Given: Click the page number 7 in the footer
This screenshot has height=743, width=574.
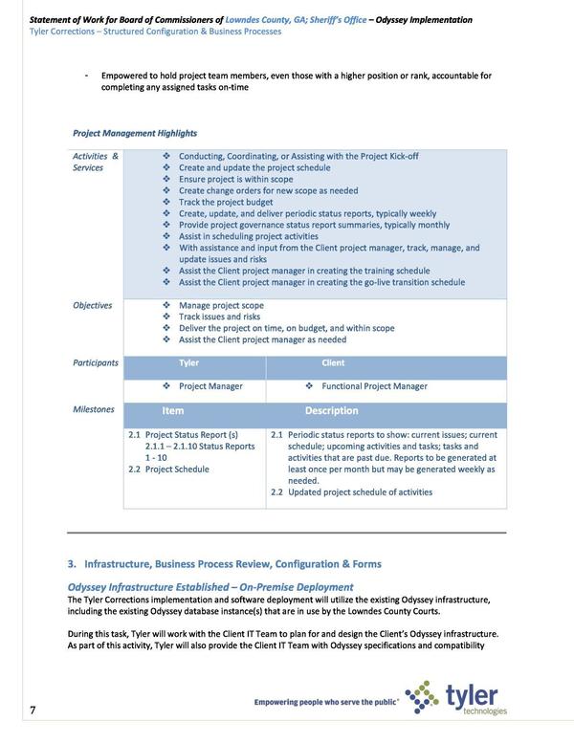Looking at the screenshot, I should pos(33,710).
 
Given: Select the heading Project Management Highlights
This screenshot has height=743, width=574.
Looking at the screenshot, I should pos(134,133).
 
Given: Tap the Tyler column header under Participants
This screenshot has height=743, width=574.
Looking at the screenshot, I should pos(189,363).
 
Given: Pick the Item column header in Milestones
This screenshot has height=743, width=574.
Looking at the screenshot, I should pos(172,411).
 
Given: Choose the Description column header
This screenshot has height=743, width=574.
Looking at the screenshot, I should pos(331,411).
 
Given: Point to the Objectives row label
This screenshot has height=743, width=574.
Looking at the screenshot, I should pos(93,306).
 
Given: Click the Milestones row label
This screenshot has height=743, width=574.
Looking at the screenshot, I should pos(93,409).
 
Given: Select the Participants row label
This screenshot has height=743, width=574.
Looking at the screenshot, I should pos(96,363).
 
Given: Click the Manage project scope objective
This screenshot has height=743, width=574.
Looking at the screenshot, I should pos(221,306).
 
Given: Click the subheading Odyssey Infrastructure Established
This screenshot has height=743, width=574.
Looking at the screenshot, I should pos(210,586).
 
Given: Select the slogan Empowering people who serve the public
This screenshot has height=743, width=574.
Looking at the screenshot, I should pos(325,703).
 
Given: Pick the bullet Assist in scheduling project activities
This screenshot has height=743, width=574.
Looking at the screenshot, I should pos(248,236).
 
